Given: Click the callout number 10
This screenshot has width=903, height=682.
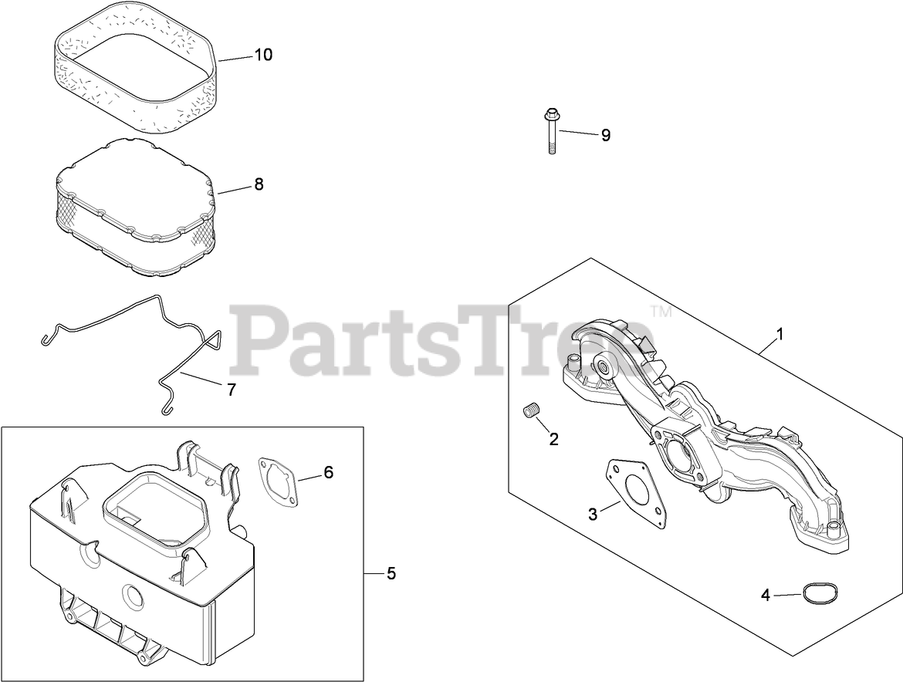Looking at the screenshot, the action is coord(263,55).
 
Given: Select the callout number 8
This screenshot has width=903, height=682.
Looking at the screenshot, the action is coord(259,184).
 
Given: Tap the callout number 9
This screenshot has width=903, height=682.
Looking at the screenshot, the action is coord(606,135).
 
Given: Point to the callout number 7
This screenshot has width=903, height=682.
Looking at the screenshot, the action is coord(231,390).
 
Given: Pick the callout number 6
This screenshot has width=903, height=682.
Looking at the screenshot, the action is coord(328,472).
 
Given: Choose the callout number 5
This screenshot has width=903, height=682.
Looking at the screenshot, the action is coord(391,573).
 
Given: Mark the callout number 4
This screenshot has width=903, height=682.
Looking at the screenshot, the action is coord(766,595).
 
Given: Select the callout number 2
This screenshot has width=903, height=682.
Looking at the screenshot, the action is coord(553,439).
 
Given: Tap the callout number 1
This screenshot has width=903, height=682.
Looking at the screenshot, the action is coord(780,334).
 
